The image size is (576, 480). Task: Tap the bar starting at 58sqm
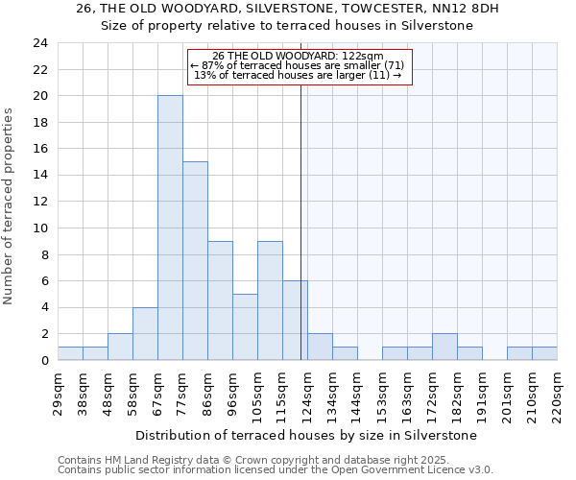click(145, 333)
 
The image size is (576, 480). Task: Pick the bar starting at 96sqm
click(245, 326)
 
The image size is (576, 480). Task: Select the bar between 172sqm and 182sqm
click(444, 347)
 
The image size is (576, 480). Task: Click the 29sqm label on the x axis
click(59, 391)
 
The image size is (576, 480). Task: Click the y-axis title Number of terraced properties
click(9, 206)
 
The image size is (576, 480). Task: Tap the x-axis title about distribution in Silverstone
click(306, 435)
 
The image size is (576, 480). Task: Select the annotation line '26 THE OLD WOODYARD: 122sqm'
click(298, 56)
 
